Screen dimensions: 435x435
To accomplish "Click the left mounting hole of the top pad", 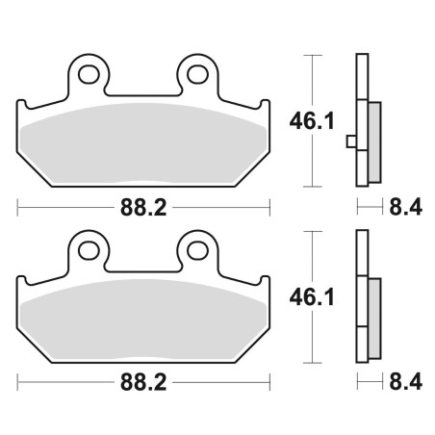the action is [x=89, y=74].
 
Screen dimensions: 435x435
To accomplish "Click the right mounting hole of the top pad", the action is [x=198, y=74].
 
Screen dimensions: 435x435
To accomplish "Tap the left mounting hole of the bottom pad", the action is [x=89, y=250].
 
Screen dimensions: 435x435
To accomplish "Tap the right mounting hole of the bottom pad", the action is [x=198, y=250].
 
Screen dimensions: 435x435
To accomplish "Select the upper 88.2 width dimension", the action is [x=143, y=208].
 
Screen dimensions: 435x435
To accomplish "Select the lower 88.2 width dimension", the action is [x=143, y=382].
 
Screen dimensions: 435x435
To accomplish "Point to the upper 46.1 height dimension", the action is [x=312, y=121].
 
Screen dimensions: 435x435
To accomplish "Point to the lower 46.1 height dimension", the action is [x=312, y=297].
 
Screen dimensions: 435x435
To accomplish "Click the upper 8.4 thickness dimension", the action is [x=406, y=207].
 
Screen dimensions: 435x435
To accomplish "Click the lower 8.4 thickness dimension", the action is [x=406, y=382].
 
